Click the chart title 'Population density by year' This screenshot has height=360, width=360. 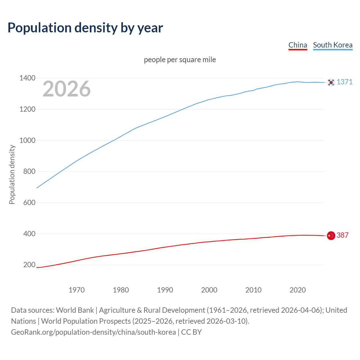point(85,28)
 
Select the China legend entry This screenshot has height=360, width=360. point(298,45)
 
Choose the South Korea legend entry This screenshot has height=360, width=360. point(332,45)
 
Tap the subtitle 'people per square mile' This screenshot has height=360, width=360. point(180,60)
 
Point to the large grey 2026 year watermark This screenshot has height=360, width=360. point(67,89)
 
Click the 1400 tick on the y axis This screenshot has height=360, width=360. point(27,78)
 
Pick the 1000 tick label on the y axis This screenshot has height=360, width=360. point(27,140)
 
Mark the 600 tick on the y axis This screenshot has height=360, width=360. point(29,202)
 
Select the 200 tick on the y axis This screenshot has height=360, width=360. point(29,265)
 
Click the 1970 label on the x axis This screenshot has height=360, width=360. point(76,290)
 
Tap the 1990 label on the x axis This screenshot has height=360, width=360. point(165,290)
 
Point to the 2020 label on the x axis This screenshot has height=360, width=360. point(298,290)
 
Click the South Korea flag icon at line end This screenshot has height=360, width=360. point(331,82)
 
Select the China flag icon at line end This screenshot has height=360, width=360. point(331,236)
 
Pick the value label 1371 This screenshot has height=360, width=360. point(345,82)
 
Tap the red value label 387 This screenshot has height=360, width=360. point(343,235)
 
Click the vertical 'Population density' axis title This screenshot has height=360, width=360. point(12,174)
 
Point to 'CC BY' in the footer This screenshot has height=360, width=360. point(191,332)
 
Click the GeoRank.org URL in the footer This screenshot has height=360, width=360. point(93,332)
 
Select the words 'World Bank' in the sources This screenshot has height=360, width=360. point(75,310)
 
